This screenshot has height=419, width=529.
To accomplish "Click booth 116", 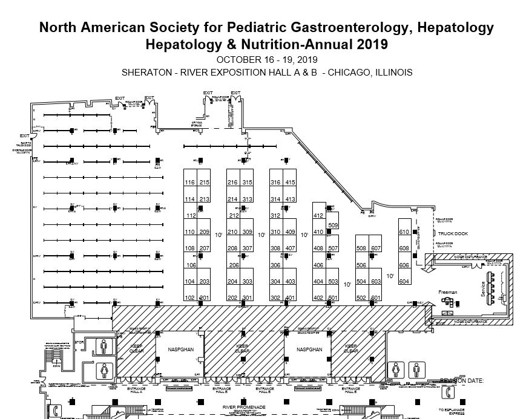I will point(190,183).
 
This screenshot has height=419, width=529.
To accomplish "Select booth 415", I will point(291,183).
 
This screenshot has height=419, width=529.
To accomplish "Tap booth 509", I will point(332,225).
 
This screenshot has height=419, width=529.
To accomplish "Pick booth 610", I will point(404,232).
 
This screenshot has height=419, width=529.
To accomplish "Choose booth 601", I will point(376,298).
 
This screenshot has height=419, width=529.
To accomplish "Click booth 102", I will point(190,298).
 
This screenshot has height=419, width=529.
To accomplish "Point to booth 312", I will point(275,216).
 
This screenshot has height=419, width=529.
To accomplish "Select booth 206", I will point(233,265).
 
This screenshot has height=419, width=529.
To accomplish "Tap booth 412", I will point(318,216).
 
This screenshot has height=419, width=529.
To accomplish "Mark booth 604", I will point(404,282).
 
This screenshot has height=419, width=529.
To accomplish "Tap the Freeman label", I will point(447,293).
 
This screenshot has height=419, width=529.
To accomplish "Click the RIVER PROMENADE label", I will point(243,408).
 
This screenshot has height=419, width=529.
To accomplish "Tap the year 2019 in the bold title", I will point(367,45).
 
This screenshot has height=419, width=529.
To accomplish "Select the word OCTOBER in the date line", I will point(238,60).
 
